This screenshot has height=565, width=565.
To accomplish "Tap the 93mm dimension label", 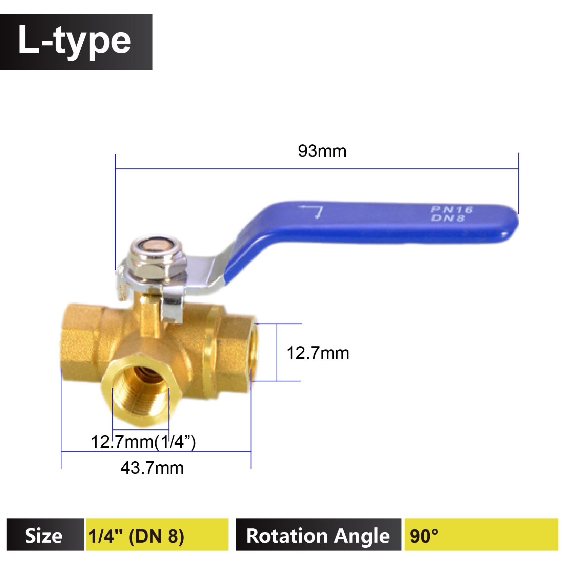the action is tap(322, 151).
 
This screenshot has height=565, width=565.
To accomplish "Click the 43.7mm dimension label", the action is tap(152, 468).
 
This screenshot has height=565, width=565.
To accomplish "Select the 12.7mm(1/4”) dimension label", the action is tap(143, 442).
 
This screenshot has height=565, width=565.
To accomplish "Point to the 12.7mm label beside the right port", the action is tap(318, 353).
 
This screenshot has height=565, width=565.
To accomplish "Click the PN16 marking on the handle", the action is tap(452, 209).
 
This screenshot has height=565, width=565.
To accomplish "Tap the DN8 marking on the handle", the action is tap(448, 218).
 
